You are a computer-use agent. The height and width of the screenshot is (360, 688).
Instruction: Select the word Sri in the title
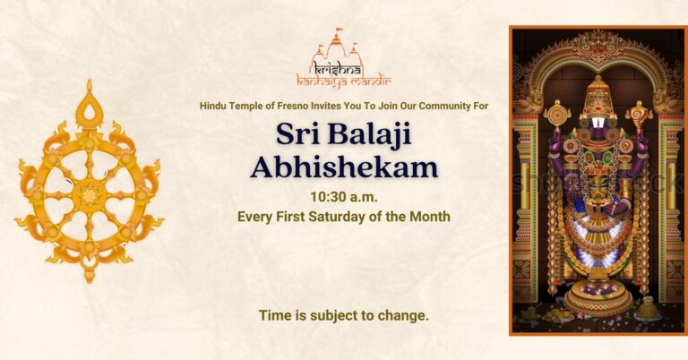297,135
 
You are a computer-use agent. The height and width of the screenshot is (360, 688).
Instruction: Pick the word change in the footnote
405,315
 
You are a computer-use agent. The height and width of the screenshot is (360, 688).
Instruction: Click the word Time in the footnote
273,315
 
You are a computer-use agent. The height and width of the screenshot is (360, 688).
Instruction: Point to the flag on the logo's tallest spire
339,31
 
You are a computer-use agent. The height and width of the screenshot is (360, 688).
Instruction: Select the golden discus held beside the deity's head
557,114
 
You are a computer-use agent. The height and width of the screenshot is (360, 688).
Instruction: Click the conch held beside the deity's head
638,115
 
